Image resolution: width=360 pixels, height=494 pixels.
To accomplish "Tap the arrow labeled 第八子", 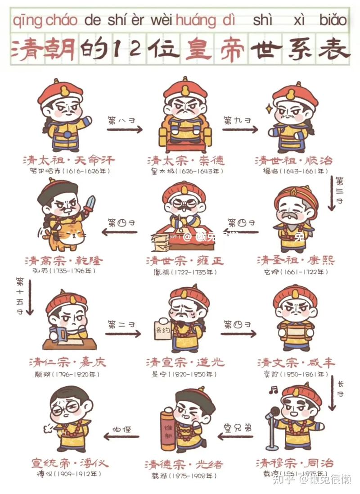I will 124,130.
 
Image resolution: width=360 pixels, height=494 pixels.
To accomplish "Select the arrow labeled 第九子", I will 240,130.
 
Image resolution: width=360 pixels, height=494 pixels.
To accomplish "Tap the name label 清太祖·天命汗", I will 68,160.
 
